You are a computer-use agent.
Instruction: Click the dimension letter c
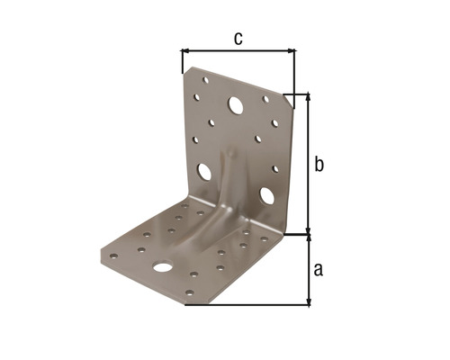pyautogui.click(x=238, y=38)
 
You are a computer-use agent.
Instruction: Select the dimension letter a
pyautogui.click(x=318, y=268)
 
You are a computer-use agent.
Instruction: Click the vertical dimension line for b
pyautogui.click(x=309, y=162)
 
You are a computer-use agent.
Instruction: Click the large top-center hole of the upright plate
pyautogui.click(x=236, y=105)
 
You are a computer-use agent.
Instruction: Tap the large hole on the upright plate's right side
pyautogui.click(x=267, y=193)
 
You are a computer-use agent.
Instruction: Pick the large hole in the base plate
pyautogui.click(x=162, y=267)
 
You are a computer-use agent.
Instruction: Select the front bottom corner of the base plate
pyautogui.click(x=185, y=303)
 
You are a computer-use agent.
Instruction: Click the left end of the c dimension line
pyautogui.click(x=182, y=51)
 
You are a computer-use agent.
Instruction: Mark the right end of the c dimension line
pyautogui.click(x=294, y=51)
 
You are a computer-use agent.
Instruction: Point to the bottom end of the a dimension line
pyautogui.click(x=309, y=302)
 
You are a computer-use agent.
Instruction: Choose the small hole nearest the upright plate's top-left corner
pyautogui.click(x=203, y=81)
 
